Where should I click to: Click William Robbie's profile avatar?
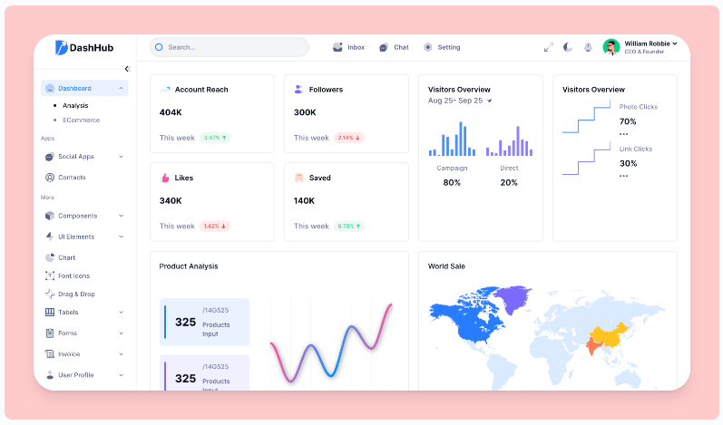click(x=611, y=47)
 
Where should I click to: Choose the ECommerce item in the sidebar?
click(x=82, y=120)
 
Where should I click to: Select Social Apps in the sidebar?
click(x=76, y=157)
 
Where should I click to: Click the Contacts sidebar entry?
click(x=72, y=178)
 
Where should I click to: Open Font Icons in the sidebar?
click(x=73, y=275)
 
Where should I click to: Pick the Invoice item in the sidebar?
click(x=69, y=354)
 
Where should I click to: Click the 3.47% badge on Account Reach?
click(x=215, y=138)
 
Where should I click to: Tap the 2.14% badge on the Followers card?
click(x=349, y=138)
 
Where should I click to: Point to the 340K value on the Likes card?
click(x=171, y=200)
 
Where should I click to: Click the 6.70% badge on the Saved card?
click(x=349, y=226)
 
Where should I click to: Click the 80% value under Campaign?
click(x=452, y=182)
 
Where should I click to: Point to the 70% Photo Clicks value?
click(x=628, y=121)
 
